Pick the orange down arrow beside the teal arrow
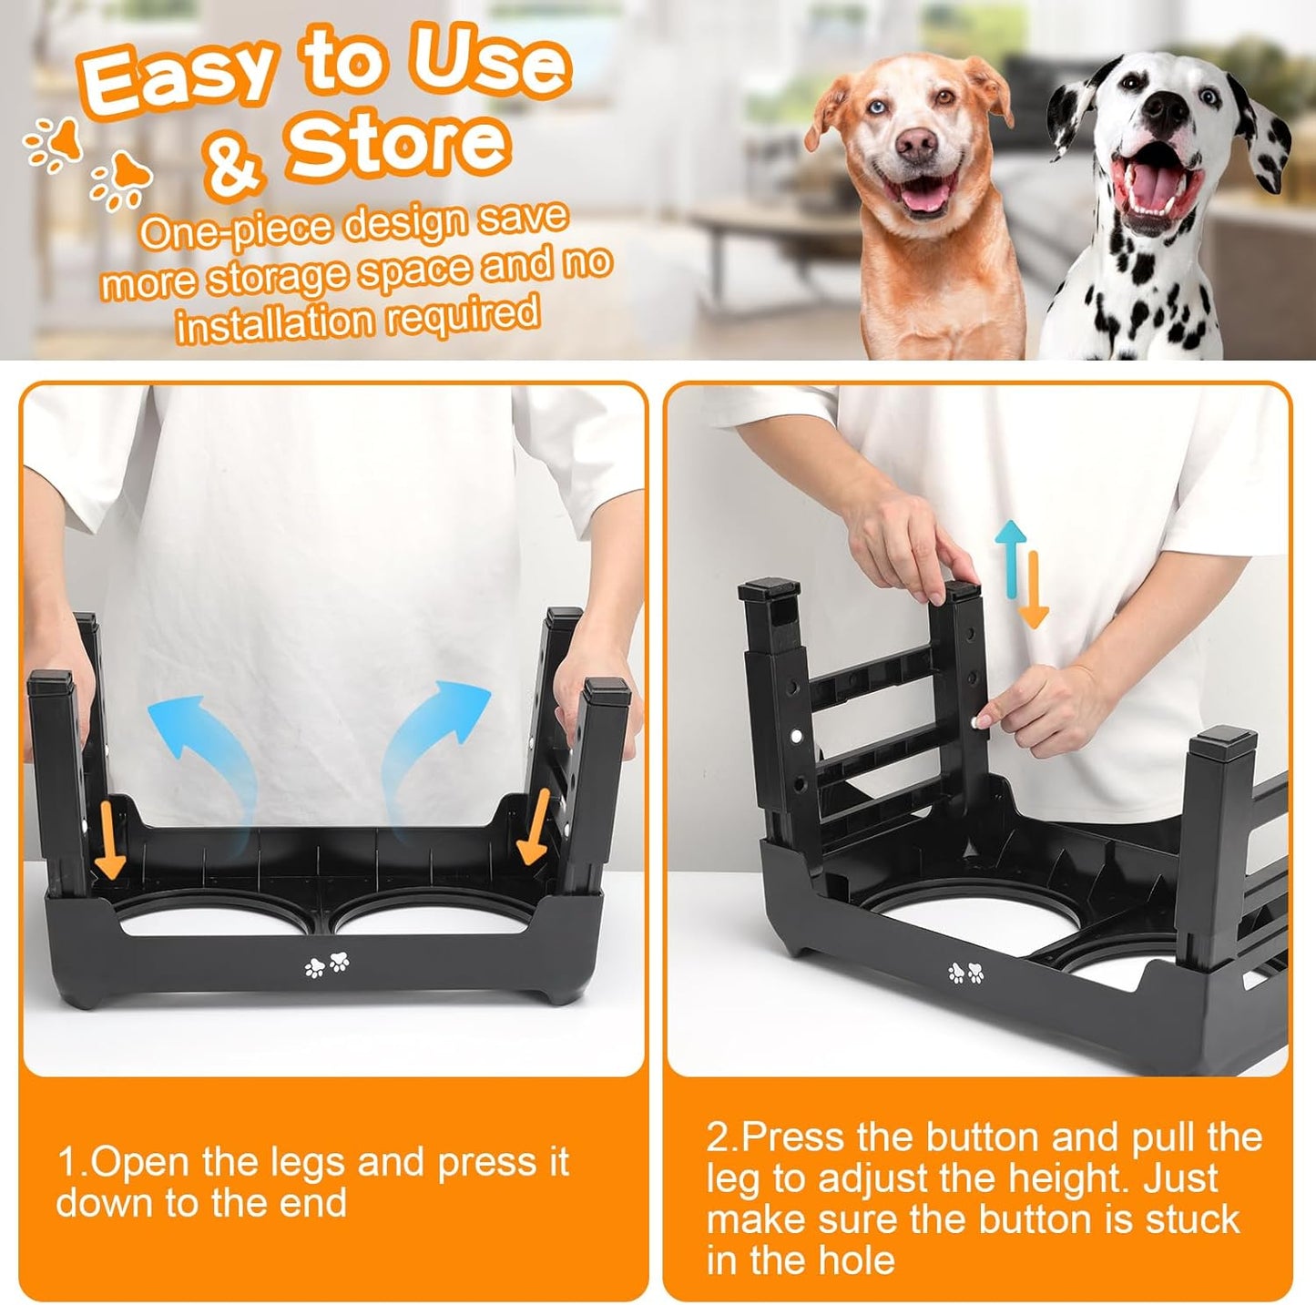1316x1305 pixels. [1034, 592]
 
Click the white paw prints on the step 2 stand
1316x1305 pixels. [965, 974]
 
